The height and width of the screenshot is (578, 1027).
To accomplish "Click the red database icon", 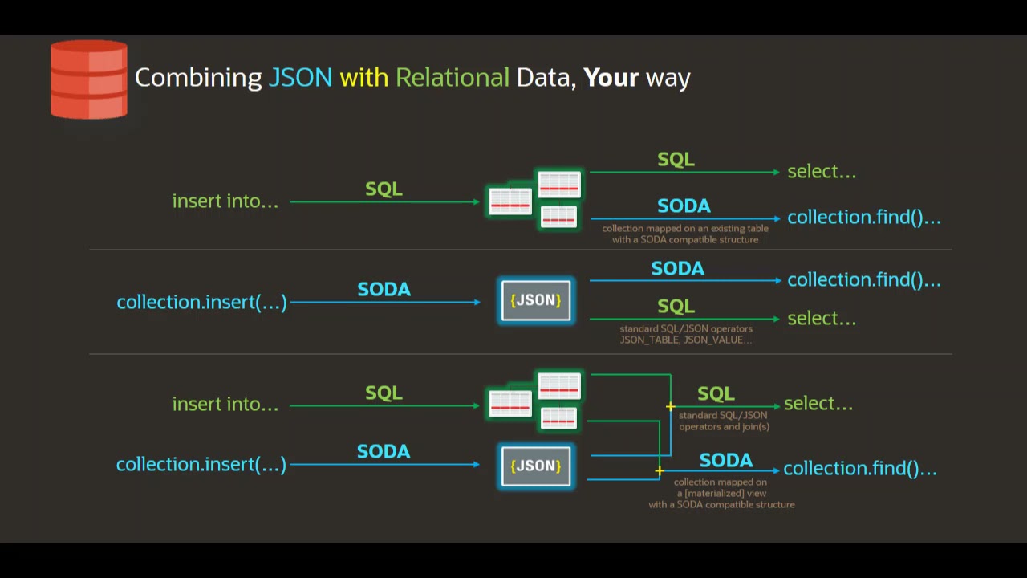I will (88, 80).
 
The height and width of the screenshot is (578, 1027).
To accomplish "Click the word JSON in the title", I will (300, 78).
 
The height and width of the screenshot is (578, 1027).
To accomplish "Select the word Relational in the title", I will (452, 78).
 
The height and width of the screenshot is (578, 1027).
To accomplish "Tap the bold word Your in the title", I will (611, 78).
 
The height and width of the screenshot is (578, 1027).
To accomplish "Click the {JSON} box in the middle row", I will (536, 300).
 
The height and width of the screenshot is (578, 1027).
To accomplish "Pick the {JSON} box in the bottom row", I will (536, 466).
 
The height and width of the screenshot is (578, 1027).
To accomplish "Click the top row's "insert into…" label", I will (225, 201).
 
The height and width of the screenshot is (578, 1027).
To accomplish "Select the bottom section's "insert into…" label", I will (225, 405).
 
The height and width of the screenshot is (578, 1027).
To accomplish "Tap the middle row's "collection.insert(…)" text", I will (201, 303).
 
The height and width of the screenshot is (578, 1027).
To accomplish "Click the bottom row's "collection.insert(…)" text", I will (201, 465).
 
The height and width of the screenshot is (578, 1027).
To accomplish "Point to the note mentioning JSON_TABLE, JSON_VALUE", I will (686, 340).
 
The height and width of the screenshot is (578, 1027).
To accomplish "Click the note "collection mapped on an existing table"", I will (685, 229).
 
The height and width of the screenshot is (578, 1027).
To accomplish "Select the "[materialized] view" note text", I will (721, 493).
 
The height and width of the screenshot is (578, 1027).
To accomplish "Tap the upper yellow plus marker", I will (670, 407).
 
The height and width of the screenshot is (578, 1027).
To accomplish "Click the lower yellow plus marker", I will (660, 471).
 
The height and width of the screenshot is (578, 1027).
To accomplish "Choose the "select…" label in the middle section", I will (822, 319).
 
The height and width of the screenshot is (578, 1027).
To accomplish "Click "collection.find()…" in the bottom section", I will (859, 469).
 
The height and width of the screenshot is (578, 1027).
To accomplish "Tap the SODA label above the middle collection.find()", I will (677, 269).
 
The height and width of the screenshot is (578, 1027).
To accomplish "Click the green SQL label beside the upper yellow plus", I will (716, 394).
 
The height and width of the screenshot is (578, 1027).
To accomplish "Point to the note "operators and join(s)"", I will (724, 426).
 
